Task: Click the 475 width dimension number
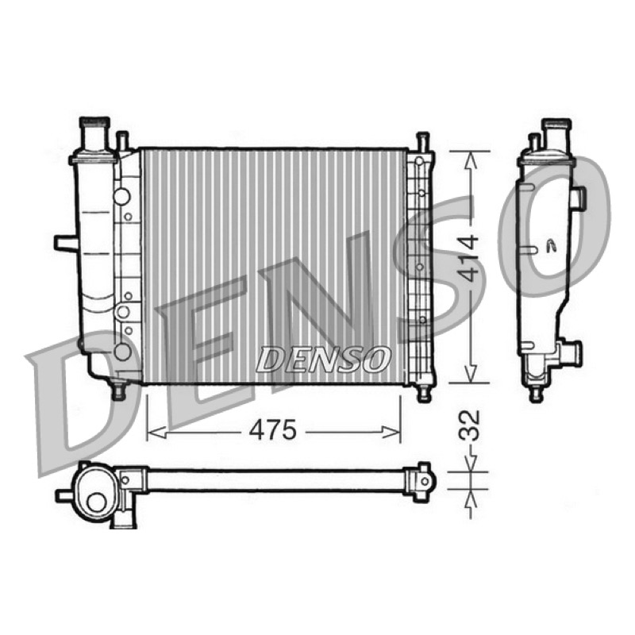pos(272,430)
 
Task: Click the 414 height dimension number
pos(470,259)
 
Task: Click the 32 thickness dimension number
pos(470,425)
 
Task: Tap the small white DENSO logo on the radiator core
pos(323,359)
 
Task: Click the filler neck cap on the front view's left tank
pos(94,122)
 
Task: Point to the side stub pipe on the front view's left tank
pos(66,243)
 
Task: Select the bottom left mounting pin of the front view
pos(118,391)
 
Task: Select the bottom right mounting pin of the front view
pos(424,392)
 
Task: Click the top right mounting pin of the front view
pos(422,141)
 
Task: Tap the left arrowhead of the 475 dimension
pos(156,432)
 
